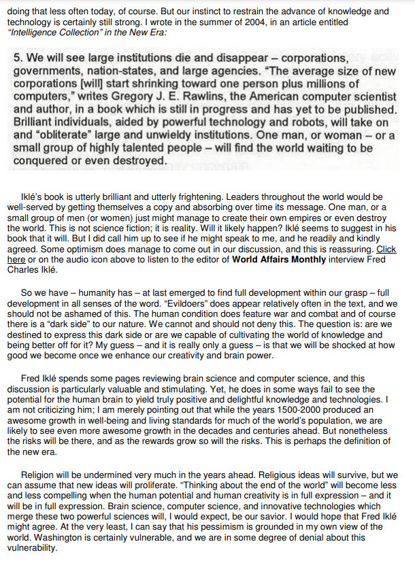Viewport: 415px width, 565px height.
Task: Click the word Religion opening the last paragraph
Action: pyautogui.click(x=39, y=473)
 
